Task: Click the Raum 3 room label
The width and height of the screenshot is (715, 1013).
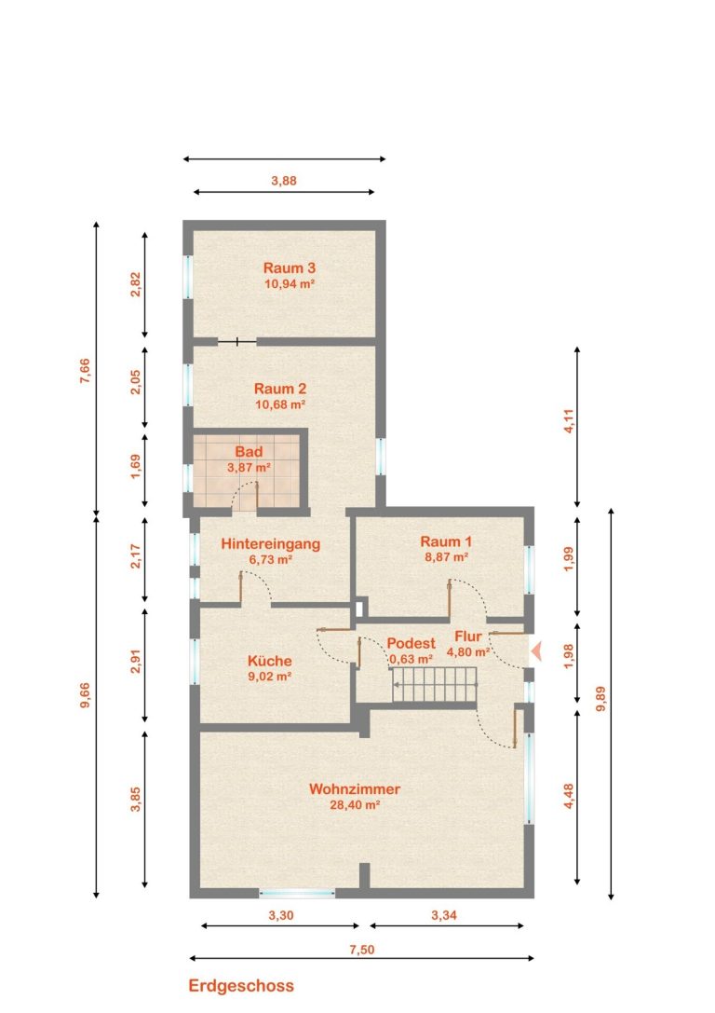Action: coord(290,268)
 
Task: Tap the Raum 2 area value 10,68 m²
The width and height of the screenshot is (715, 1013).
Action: coord(280,405)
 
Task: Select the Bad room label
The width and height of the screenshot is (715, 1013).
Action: coord(249,452)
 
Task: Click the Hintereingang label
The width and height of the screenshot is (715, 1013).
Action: coord(270,544)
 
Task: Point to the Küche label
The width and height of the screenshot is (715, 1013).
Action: coord(270,661)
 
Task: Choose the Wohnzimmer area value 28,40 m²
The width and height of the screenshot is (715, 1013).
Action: coord(355,805)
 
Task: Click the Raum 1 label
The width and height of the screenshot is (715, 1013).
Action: coord(446,541)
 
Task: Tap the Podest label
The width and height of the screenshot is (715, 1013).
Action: coord(411,643)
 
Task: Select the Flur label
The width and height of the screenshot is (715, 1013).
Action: coord(468,637)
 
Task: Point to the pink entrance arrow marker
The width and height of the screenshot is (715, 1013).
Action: coord(535,651)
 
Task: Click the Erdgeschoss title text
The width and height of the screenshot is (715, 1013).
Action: coord(241,986)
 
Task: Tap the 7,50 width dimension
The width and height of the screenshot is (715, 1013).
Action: coord(362,950)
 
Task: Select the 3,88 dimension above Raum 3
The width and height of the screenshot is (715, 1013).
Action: coord(284,181)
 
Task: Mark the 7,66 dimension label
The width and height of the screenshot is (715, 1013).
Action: coord(85,372)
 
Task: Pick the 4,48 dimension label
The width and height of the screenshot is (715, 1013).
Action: coord(569,796)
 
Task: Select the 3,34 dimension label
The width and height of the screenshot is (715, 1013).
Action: coord(444,915)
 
